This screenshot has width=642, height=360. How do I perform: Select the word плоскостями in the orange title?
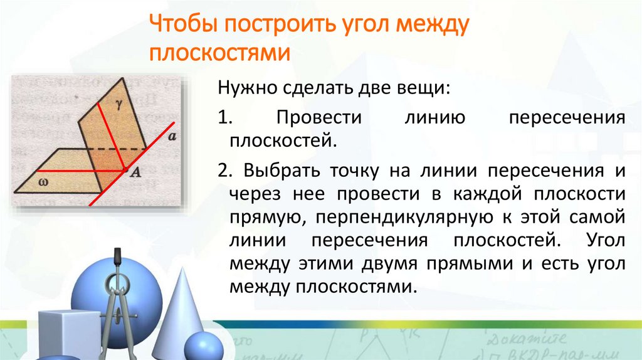point(219,53)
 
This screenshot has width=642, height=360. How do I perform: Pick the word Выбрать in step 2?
point(280,171)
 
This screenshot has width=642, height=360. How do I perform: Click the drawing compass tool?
point(117,301)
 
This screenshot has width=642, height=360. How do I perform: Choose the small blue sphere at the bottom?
point(203,346)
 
